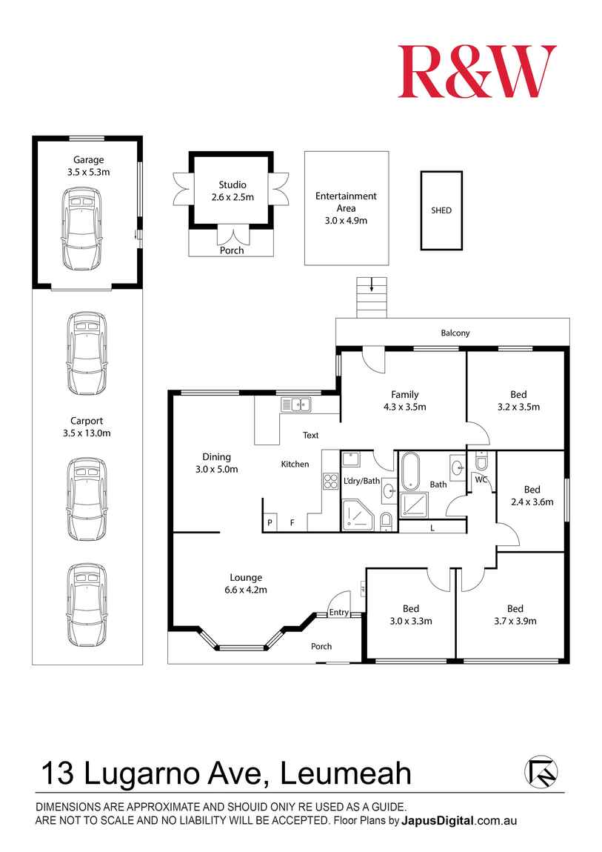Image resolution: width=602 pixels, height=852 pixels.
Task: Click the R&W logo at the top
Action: tap(477, 71)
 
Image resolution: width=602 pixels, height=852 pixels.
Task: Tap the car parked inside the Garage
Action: tap(81, 228)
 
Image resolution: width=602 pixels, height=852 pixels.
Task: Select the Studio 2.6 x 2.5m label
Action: tap(232, 191)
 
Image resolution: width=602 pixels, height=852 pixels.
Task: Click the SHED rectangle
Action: tap(441, 210)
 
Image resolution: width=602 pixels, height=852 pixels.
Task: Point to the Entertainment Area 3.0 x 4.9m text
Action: tap(346, 208)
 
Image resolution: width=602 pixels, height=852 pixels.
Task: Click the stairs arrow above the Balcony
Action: tap(372, 285)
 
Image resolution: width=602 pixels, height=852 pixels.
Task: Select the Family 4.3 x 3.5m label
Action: tap(404, 400)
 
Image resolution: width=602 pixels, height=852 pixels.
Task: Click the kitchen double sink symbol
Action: tap(295, 405)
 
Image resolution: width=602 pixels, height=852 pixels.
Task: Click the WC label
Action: tap(480, 480)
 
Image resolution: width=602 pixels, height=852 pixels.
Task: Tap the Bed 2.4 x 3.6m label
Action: tap(532, 495)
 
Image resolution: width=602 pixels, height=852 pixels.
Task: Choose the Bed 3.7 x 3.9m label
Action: tap(515, 615)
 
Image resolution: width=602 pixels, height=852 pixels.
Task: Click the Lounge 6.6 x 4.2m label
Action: tap(246, 584)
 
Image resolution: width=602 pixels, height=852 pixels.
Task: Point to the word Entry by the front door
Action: tap(339, 612)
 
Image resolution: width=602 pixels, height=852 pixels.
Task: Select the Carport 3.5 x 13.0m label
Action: tap(87, 427)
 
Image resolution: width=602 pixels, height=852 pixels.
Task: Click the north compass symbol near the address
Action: tap(541, 772)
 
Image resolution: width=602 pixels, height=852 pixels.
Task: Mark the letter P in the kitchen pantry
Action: tap(270, 523)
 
